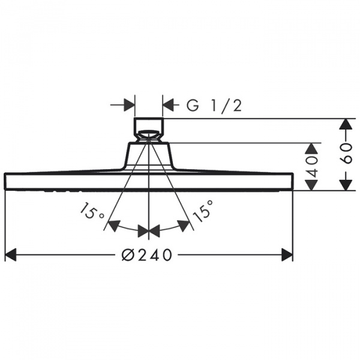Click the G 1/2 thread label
click(x=214, y=106)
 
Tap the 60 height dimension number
click(x=346, y=154)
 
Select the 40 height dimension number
click(x=312, y=166)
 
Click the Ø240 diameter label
click(x=147, y=254)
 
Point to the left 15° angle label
click(x=92, y=211)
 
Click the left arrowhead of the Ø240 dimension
click(x=11, y=254)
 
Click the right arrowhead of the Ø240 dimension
click(x=287, y=254)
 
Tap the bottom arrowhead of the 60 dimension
click(x=346, y=185)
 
